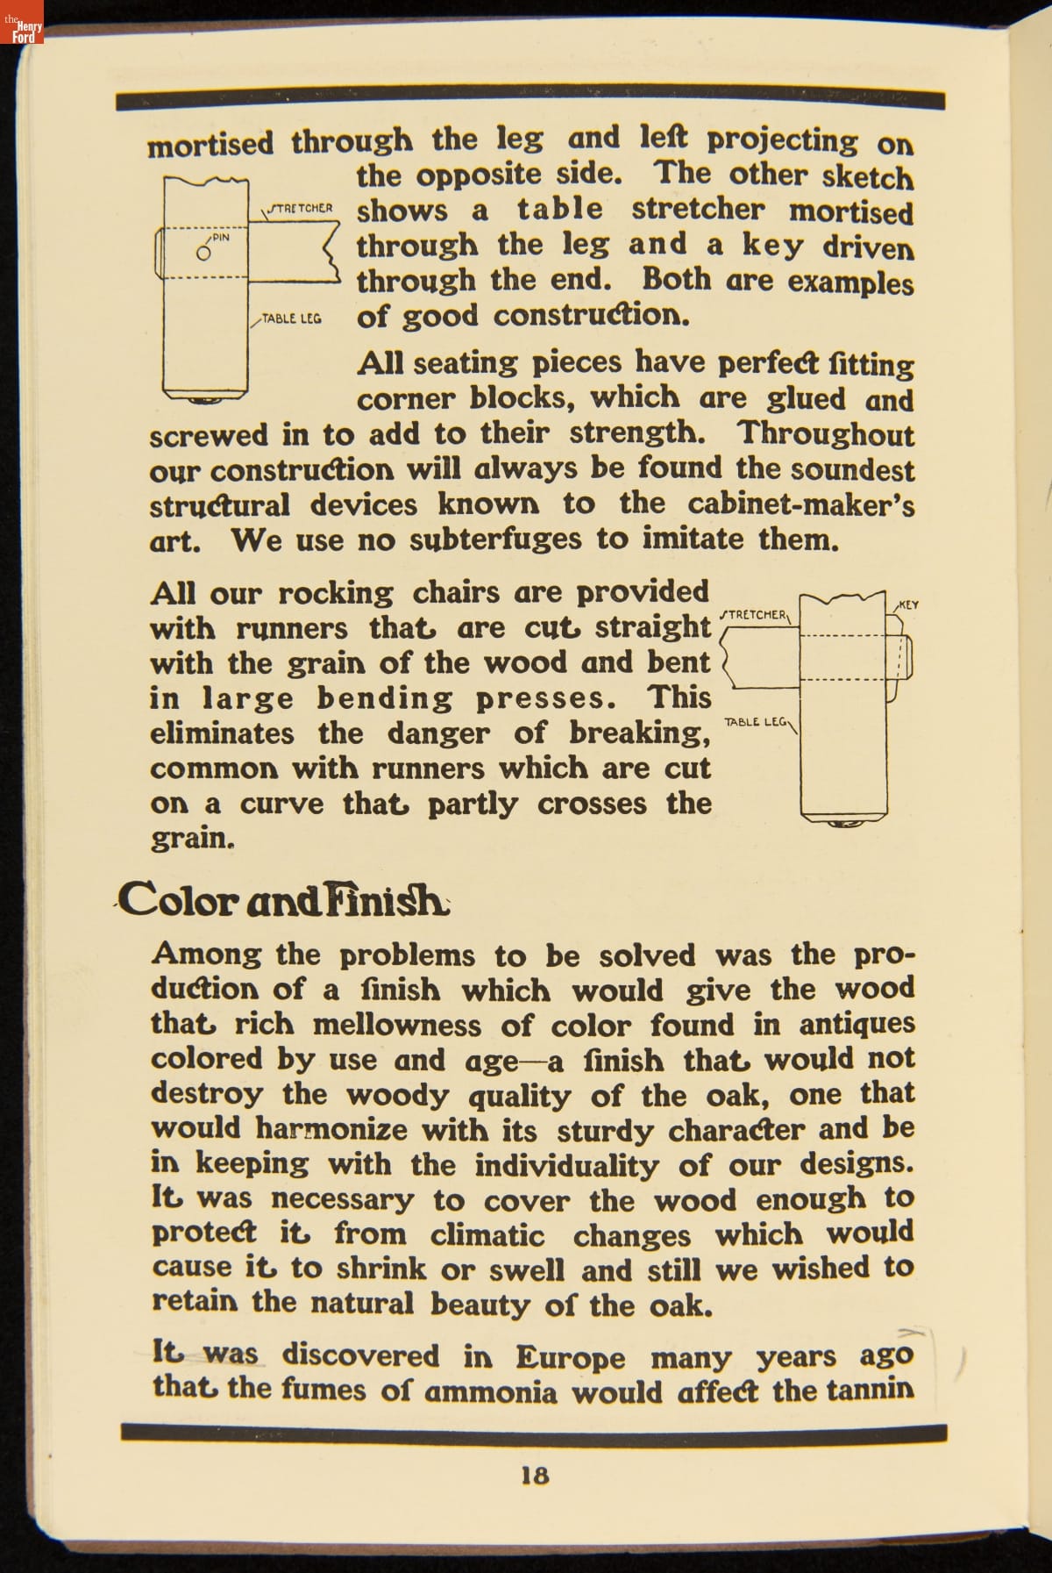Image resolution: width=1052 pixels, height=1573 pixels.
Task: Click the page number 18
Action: coord(535,1475)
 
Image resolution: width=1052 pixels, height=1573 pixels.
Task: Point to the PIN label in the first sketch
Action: coord(221,237)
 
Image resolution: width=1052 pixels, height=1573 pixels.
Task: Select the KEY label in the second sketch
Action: coord(908,604)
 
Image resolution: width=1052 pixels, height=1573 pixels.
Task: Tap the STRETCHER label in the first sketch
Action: coord(300,209)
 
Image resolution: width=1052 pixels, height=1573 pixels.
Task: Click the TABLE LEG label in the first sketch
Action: coord(291,318)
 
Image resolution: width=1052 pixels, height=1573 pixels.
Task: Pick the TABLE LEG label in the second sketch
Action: coord(756,721)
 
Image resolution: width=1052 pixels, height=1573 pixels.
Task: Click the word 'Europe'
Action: coord(570,1357)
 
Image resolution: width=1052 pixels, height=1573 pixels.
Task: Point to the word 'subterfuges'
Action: coord(495,540)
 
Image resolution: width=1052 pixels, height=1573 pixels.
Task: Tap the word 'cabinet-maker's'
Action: coord(800,504)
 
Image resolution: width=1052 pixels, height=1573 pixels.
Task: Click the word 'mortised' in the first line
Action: coord(210,144)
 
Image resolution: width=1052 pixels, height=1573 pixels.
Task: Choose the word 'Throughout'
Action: coord(825,433)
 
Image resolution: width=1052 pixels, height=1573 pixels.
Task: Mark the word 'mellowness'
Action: coord(397,1025)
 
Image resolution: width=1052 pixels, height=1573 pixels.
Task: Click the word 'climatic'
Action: coord(487,1235)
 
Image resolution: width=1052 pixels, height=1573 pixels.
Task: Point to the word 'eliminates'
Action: coord(222,733)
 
